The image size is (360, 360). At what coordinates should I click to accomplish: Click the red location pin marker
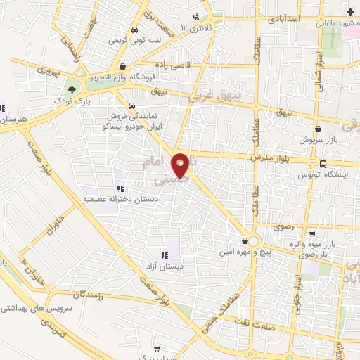tap(181, 165)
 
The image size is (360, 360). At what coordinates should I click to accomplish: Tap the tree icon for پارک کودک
tap(71, 89)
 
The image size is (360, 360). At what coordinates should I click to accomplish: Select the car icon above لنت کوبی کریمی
tap(134, 30)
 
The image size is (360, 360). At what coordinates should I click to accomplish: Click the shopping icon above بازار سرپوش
tap(321, 129)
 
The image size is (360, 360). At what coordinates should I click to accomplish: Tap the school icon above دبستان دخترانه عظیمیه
tap(120, 188)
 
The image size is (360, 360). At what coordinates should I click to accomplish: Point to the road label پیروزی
tap(31, 73)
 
